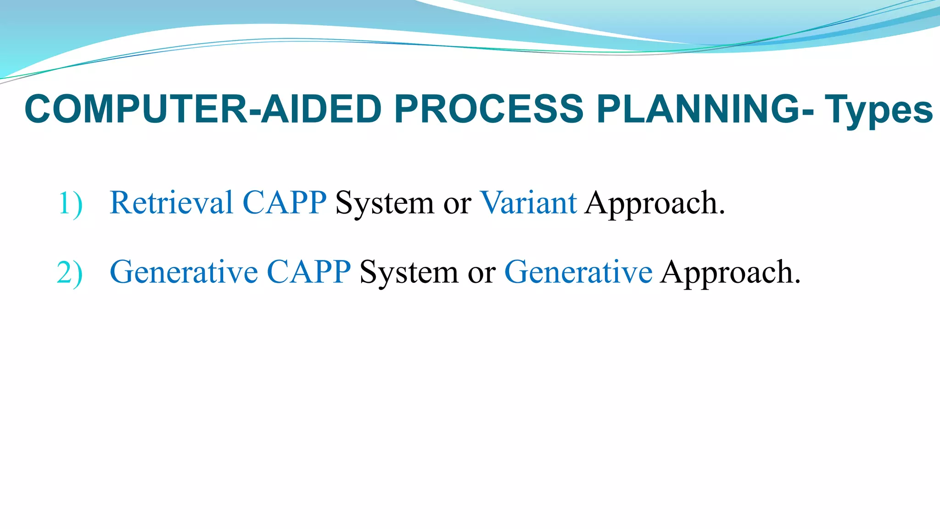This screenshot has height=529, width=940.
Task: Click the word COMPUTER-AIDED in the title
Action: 202,109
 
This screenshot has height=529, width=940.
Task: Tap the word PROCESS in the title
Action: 488,109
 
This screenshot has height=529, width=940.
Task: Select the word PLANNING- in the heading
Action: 705,109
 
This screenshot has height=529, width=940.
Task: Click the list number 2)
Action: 70,273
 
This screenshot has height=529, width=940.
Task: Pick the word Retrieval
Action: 171,203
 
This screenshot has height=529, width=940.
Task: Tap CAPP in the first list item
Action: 284,203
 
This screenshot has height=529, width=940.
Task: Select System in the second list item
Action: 408,273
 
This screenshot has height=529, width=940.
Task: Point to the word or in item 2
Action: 481,273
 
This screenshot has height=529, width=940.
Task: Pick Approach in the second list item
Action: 727,273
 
